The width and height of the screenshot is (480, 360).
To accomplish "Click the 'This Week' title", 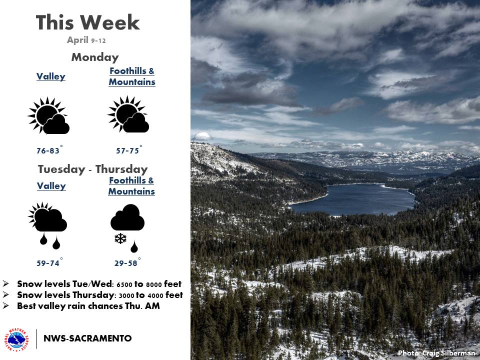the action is (x=87, y=22).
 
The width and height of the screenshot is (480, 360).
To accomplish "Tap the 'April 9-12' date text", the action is (x=86, y=40).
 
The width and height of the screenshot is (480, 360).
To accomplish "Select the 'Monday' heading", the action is (x=95, y=57).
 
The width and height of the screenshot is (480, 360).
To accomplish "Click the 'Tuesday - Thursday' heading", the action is (x=93, y=169).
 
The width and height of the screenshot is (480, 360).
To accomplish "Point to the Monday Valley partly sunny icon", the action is (x=48, y=115).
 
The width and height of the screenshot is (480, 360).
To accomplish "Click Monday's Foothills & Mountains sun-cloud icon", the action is (x=128, y=114).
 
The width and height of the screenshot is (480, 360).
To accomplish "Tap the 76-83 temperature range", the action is (x=48, y=150).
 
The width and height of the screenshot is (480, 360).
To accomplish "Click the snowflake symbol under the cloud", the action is (x=120, y=238).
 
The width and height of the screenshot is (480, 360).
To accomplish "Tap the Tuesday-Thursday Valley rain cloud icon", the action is (x=48, y=225).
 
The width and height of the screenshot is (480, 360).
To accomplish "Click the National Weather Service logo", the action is (x=16, y=340).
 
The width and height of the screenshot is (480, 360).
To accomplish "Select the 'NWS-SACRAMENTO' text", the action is (x=87, y=338).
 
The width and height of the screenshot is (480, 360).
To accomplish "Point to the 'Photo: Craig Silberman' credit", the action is (x=436, y=353).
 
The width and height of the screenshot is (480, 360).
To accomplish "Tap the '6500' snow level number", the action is (x=124, y=284).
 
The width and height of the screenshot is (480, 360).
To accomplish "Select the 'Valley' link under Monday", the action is (x=51, y=76).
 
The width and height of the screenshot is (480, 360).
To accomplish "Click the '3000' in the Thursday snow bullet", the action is (x=126, y=295).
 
